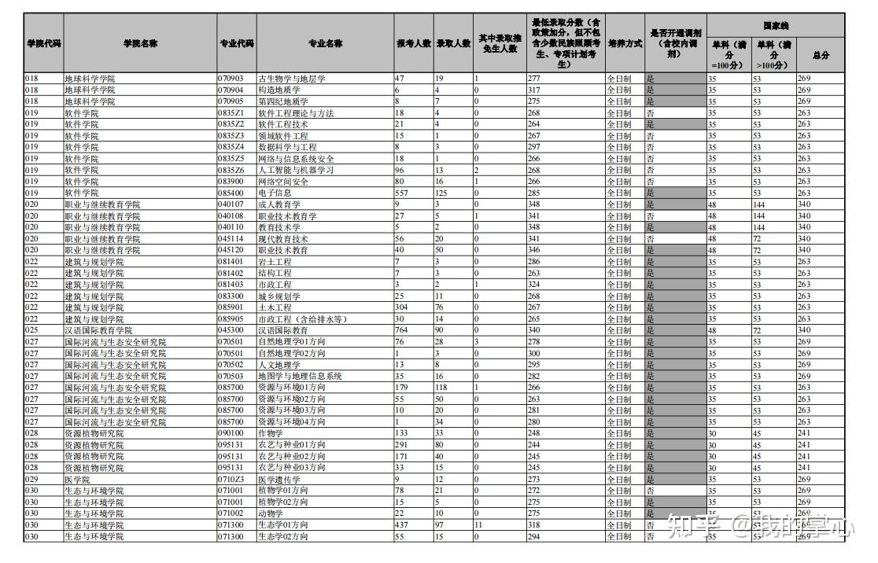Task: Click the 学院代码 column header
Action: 43,44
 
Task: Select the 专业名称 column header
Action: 325,44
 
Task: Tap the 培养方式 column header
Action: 625,44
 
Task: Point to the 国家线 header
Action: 776,25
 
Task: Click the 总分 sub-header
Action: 821,55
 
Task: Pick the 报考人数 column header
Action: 413,44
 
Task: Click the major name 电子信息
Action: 275,193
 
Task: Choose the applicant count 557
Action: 402,193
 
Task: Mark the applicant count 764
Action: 402,330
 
